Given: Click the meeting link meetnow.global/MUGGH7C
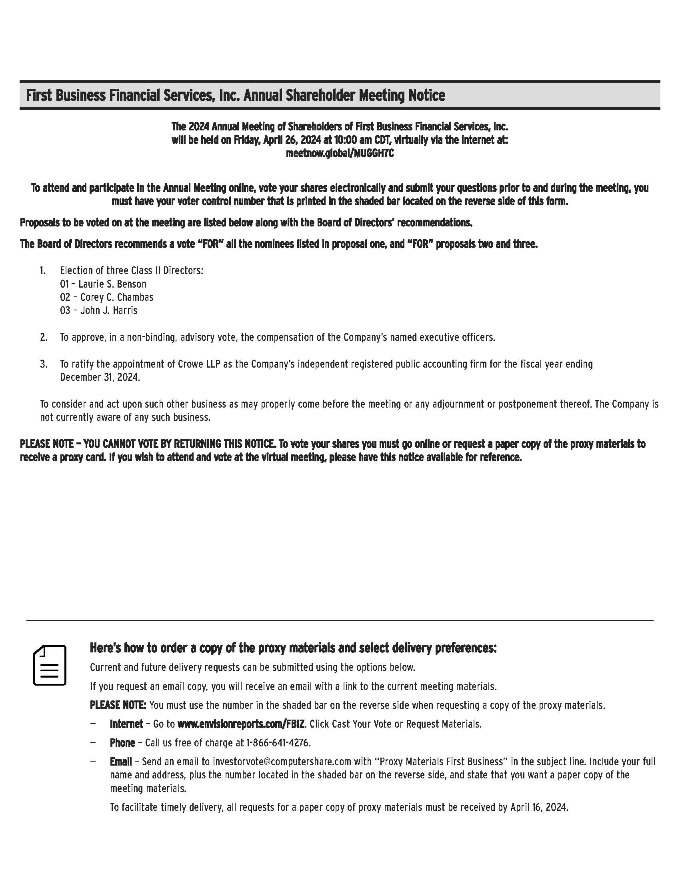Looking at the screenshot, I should [340, 154].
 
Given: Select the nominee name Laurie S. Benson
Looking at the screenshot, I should [112, 284].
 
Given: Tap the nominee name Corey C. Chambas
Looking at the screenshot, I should [117, 297].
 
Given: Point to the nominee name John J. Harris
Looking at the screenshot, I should [109, 311].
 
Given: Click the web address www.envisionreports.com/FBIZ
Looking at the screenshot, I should [240, 724].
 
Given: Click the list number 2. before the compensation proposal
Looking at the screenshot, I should [44, 337].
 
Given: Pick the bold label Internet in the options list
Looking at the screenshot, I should [126, 724].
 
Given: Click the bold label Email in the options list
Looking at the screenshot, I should [121, 762].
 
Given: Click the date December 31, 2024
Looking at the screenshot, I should [100, 378].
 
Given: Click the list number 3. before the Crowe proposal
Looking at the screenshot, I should [44, 364].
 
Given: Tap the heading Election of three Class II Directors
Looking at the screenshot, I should [131, 270].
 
